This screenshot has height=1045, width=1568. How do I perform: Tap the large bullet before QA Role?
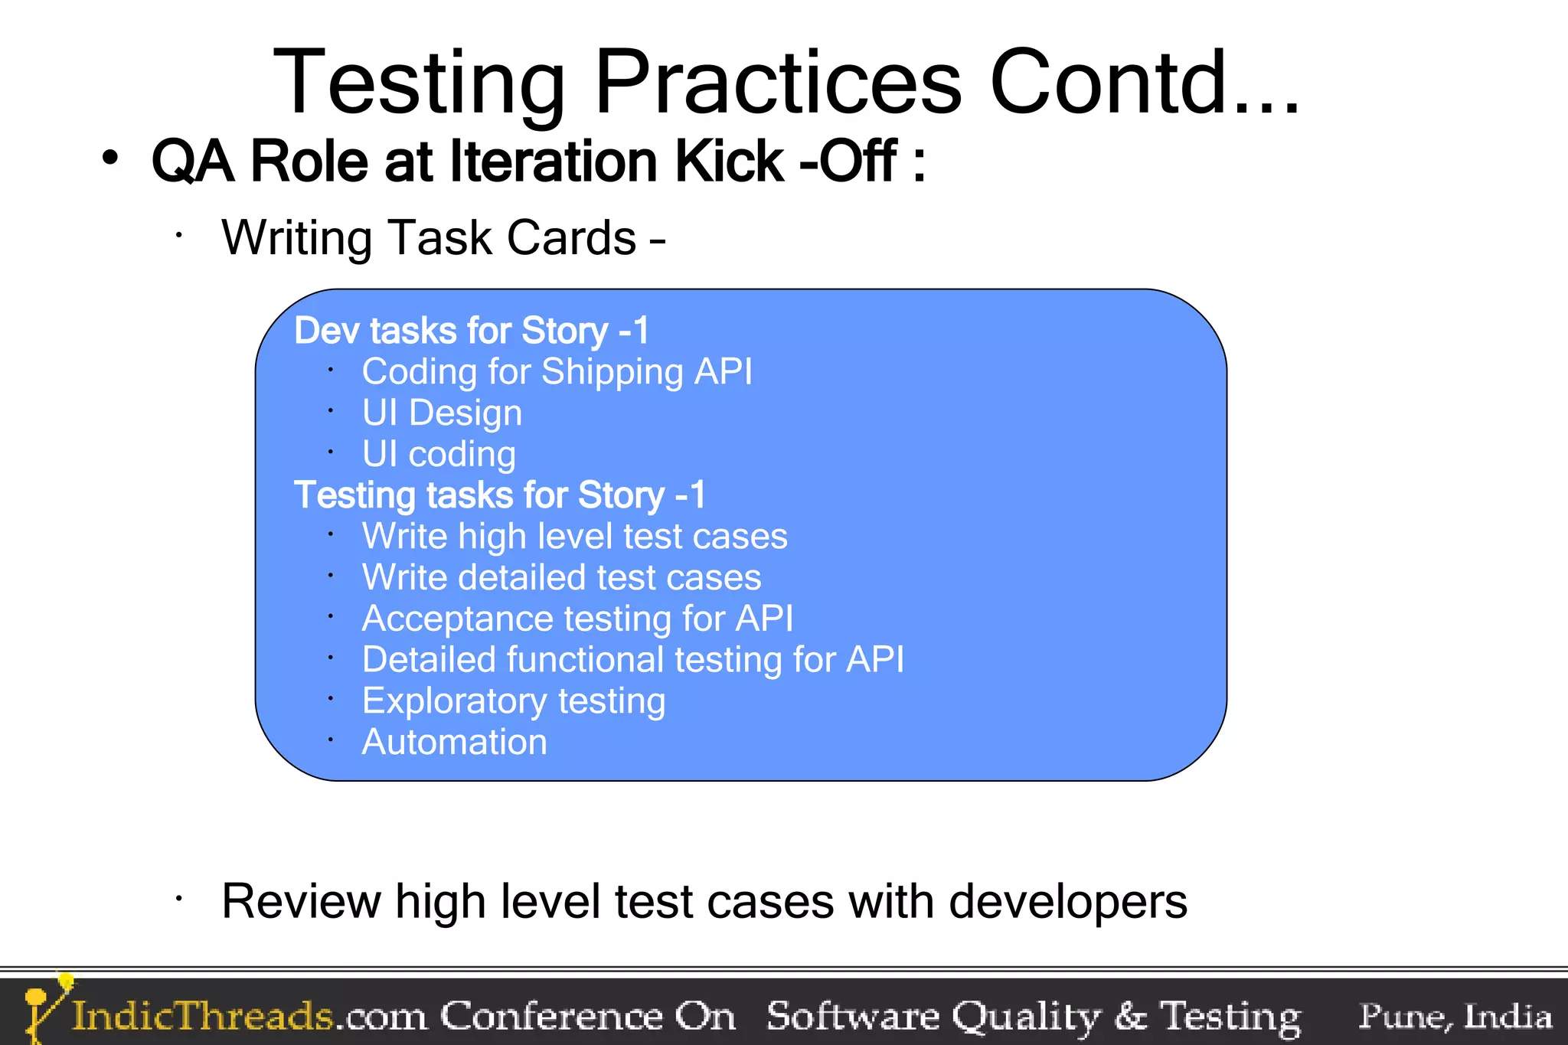(x=110, y=158)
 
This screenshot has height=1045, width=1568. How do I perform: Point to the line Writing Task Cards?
(x=443, y=237)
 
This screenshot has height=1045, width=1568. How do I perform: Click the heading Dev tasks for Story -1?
(x=471, y=331)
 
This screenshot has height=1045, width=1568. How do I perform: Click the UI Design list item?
(x=442, y=413)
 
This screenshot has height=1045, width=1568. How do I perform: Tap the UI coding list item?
(x=438, y=455)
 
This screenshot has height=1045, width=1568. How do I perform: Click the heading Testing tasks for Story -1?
(x=499, y=495)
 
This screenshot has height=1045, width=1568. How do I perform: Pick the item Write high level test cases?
(x=574, y=537)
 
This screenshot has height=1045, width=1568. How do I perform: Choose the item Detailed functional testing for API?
(x=632, y=660)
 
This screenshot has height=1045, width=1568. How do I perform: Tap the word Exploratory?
(x=454, y=701)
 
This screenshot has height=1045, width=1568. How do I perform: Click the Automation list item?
(x=454, y=743)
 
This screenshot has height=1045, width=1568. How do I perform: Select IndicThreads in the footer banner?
(x=202, y=1017)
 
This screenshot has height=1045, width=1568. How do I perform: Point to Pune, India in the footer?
(x=1454, y=1017)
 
